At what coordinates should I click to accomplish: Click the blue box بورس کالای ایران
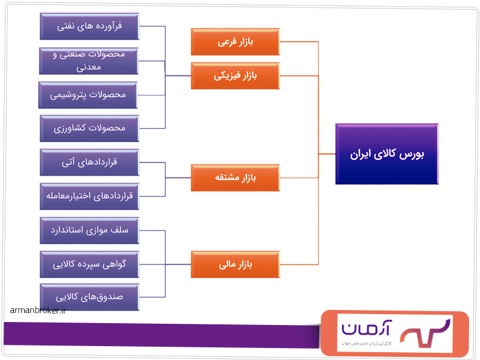[x=386, y=154]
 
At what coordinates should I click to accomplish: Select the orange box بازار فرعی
[x=235, y=42]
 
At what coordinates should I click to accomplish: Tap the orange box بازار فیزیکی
[x=235, y=76]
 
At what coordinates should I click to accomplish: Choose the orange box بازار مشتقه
[x=235, y=178]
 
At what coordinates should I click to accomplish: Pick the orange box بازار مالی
[x=235, y=264]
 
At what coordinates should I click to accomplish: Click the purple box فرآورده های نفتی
[x=89, y=27]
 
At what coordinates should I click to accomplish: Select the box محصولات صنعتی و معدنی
[x=89, y=60]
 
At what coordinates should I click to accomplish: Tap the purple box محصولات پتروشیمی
[x=89, y=95]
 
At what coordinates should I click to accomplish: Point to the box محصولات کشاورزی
[x=89, y=128]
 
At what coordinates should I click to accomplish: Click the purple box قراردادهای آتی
[x=89, y=162]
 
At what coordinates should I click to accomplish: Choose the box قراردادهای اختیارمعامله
[x=89, y=196]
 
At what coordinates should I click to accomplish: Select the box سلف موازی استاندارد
[x=89, y=230]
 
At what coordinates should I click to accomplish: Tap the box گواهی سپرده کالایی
[x=89, y=264]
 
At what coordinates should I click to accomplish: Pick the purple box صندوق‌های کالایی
[x=89, y=297]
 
